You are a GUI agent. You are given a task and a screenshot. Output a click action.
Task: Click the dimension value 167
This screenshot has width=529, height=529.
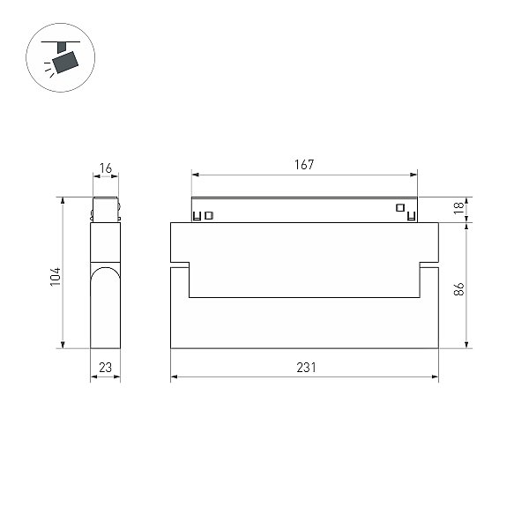[x=304, y=165]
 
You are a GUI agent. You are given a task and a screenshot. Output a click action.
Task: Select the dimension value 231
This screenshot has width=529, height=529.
[x=306, y=368]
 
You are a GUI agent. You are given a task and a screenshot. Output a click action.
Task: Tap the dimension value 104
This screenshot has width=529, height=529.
[x=56, y=277]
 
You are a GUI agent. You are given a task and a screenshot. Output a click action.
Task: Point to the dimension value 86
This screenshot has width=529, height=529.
[x=458, y=289]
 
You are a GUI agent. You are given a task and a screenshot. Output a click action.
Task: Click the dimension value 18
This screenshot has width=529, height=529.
[x=458, y=208]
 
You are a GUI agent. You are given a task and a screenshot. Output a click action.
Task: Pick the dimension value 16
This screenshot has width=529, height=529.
[x=106, y=168]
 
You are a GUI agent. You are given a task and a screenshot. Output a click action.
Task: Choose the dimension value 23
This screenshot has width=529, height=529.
[x=105, y=368]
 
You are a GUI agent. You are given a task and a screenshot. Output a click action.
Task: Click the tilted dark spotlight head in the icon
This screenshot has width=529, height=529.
[x=65, y=63]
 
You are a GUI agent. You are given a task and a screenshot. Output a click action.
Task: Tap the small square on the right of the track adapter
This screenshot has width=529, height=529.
[x=400, y=208]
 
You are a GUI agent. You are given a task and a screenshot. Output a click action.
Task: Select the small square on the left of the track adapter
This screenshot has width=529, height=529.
[x=209, y=215]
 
